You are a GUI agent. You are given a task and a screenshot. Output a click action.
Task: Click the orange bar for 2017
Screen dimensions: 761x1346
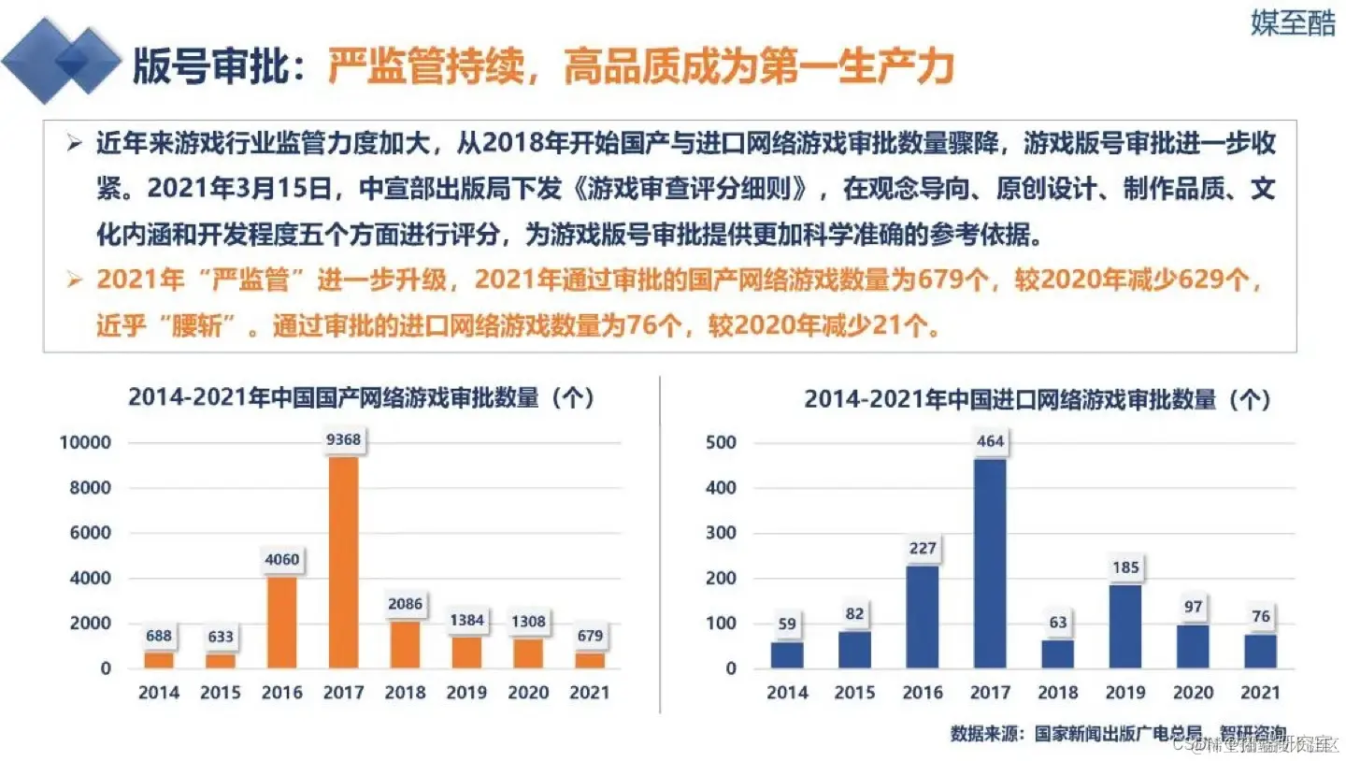343,562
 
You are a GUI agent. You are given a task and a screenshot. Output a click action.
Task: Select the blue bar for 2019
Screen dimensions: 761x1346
1124,625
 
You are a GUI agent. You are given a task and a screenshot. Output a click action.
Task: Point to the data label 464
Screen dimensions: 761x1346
990,442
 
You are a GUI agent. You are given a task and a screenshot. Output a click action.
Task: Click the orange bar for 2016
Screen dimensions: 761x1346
282,622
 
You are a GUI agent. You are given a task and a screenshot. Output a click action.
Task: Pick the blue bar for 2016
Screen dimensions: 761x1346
923,617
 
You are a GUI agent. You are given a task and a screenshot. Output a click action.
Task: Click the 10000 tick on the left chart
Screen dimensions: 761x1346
86,442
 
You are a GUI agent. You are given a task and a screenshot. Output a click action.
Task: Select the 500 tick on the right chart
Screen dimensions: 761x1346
727,442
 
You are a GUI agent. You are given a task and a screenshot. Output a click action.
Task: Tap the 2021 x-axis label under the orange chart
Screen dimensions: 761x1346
589,693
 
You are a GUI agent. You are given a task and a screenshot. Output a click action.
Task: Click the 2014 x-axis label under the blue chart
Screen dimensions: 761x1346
787,693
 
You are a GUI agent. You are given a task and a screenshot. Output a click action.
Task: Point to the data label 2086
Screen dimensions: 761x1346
405,604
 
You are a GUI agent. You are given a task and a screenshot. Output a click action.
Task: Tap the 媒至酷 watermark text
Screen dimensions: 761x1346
1293,24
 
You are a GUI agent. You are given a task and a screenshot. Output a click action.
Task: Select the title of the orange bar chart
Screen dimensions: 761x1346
362,396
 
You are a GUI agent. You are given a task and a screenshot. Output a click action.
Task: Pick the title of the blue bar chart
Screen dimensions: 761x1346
1038,399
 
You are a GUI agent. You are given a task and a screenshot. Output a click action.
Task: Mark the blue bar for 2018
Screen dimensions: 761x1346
1057,653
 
